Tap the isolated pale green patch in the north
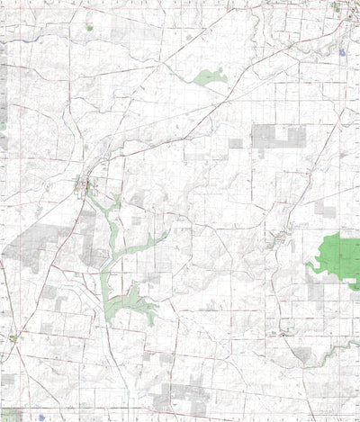click(x=211, y=77)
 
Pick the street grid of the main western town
click(x=85, y=186)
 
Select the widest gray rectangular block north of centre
click(x=279, y=136)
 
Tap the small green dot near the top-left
click(x=89, y=28)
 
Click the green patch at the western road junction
click(x=13, y=338)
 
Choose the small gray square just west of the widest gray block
click(x=235, y=143)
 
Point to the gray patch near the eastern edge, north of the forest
click(x=325, y=211)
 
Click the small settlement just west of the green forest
click(x=283, y=241)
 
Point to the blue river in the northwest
click(x=54, y=36)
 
